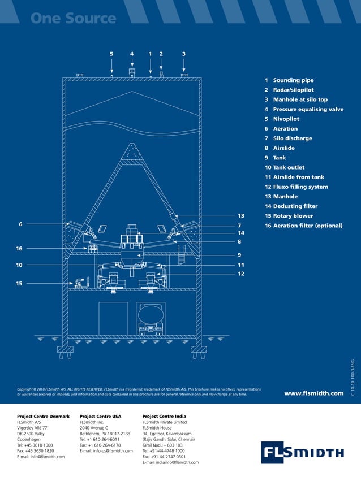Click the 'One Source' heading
tap(73, 18)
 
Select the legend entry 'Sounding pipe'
tap(293, 80)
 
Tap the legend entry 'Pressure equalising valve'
tap(308, 109)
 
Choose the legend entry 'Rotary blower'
tap(293, 216)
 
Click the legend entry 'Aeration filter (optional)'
tap(307, 226)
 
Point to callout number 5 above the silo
tap(111, 54)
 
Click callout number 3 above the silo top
tap(184, 54)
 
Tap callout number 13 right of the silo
tap(240, 216)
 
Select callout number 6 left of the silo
tap(20, 224)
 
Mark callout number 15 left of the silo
tap(19, 284)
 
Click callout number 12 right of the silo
tap(240, 274)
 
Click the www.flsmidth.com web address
tap(313, 393)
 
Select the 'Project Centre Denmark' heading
tap(43, 417)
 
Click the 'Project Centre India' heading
tap(164, 417)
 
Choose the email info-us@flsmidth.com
tap(106, 450)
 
